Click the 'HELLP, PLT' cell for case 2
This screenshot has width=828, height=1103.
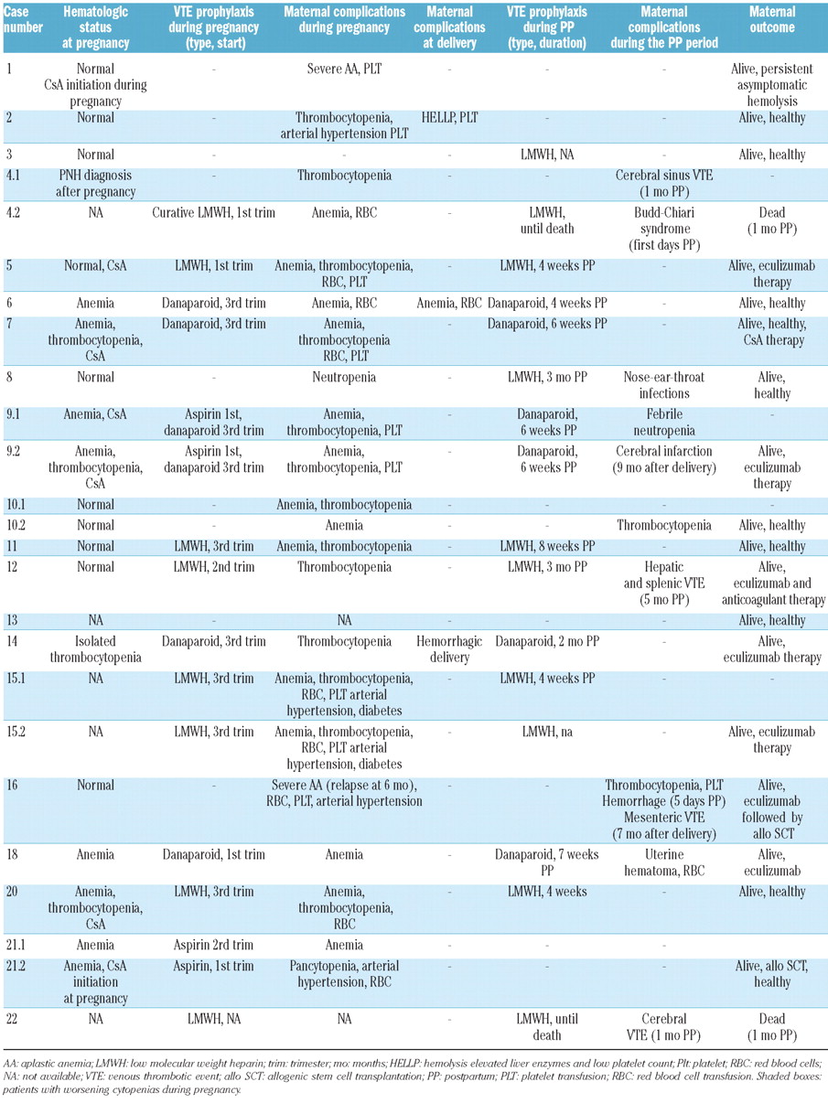[x=449, y=118]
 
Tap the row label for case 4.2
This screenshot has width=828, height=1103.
[x=15, y=212]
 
